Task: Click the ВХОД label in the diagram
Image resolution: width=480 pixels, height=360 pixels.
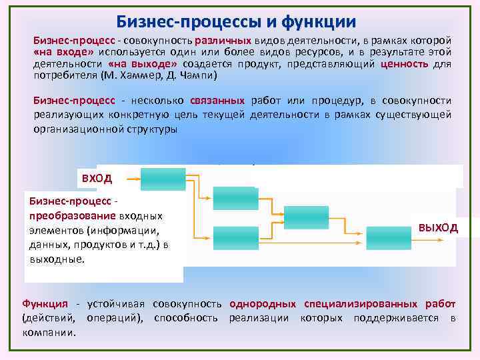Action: (x=97, y=178)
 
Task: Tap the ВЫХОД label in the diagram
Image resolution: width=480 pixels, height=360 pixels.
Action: (x=438, y=227)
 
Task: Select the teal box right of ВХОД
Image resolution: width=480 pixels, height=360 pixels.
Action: (x=164, y=179)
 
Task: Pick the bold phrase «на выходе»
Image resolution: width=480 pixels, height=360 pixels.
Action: (x=142, y=64)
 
